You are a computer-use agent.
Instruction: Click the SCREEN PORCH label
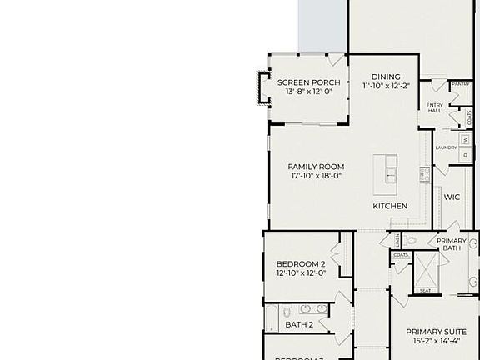[x=308, y=82]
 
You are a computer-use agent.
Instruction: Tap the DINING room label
[x=386, y=77]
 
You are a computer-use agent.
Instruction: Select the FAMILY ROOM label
[x=316, y=166]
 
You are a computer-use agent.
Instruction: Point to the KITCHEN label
[x=390, y=206]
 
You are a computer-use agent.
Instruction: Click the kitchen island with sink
[x=385, y=169]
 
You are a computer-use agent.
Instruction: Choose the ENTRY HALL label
[x=434, y=107]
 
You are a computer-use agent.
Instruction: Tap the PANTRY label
[x=460, y=84]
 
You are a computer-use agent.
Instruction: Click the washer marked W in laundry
[x=465, y=139]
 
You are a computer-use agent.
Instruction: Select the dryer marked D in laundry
[x=465, y=154]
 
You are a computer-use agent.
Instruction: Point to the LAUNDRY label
[x=445, y=147]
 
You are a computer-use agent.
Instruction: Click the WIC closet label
[x=452, y=197]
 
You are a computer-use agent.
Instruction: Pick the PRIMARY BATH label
[x=452, y=244]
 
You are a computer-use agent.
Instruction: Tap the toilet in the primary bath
[x=411, y=241]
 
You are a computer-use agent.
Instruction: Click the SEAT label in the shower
[x=425, y=291]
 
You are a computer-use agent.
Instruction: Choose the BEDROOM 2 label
[x=301, y=264]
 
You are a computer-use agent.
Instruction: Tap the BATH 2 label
[x=299, y=324]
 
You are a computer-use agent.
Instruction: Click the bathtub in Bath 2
[x=272, y=317]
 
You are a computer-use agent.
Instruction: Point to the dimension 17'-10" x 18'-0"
[x=316, y=176]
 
